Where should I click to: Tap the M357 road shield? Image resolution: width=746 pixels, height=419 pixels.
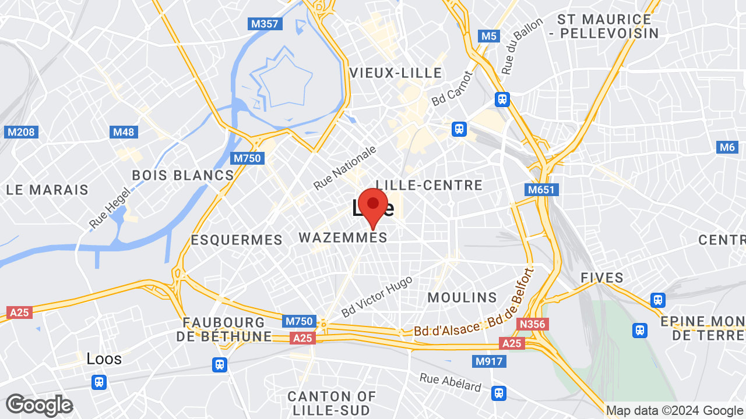265,24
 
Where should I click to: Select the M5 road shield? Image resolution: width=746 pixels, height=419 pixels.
488,36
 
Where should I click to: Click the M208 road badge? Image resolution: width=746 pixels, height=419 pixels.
21,132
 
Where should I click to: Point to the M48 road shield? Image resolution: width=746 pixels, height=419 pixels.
124,132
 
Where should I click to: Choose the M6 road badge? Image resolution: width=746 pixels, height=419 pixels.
727,147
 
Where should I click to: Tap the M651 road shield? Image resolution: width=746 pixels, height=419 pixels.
542,190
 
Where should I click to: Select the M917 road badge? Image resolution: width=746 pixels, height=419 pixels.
488,361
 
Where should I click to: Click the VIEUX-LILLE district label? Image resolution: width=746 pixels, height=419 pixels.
396,73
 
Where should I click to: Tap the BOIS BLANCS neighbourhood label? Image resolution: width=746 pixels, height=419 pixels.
182,175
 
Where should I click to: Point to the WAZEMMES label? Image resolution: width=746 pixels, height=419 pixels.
343,237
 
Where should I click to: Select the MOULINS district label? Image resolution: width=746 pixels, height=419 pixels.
462,297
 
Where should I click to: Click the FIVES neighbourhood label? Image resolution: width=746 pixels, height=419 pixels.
602,278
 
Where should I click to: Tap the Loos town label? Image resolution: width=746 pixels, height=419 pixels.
104,358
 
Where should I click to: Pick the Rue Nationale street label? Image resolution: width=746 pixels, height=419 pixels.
345,168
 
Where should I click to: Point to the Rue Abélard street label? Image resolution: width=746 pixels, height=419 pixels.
451,382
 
